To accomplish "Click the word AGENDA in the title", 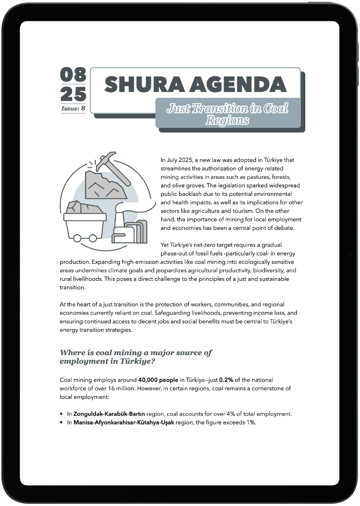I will click(242, 84).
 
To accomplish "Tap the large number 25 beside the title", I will click(73, 94).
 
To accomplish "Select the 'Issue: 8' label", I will click(73, 108).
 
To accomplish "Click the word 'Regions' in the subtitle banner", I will click(227, 121).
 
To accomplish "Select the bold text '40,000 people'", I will click(158, 380).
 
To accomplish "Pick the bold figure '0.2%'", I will click(226, 380).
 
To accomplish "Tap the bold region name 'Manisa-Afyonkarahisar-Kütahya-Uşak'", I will click(124, 422).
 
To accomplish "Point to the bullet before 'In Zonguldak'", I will click(62, 414).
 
